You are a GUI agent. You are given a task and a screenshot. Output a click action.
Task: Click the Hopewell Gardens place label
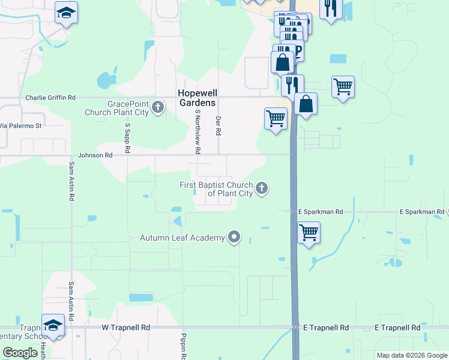[x=197, y=98]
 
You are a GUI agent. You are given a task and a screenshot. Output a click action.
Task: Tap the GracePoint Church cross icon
[x=158, y=108]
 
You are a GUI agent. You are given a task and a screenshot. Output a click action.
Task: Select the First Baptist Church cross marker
[x=261, y=188]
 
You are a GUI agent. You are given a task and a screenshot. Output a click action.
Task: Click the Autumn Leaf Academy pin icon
[x=234, y=238]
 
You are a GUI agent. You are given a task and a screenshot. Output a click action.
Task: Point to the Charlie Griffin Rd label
[x=50, y=97]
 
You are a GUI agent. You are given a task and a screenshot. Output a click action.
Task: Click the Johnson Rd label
[x=100, y=155]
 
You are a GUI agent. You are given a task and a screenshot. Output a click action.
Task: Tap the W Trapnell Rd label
[x=125, y=328]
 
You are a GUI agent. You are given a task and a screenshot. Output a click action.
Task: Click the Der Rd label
[x=218, y=126]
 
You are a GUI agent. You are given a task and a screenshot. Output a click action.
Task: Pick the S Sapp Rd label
[x=127, y=138]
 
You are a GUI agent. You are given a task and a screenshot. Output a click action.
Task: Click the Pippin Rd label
[x=184, y=345]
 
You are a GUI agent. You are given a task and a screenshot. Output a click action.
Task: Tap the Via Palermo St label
[x=20, y=126]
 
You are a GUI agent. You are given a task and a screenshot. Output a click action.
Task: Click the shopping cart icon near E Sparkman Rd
[x=309, y=231]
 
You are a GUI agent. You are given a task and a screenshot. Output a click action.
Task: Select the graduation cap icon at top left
[x=66, y=12]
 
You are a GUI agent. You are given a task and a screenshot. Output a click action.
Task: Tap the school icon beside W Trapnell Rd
[x=53, y=325]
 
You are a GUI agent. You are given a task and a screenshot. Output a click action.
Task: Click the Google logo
[x=20, y=353]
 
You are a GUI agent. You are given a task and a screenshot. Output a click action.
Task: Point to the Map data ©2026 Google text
[x=411, y=355]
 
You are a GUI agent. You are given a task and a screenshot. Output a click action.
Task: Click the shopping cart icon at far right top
[x=343, y=86]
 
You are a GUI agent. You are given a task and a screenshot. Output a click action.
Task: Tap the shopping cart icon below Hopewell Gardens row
[x=276, y=118]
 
